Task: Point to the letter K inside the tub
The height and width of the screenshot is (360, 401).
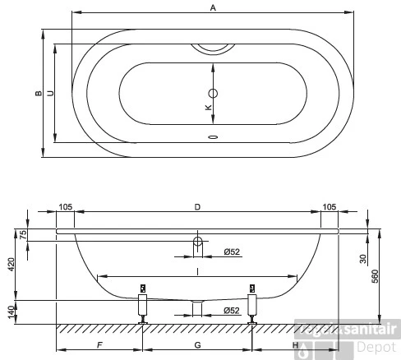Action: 208,108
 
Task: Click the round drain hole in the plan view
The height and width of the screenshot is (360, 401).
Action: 213,93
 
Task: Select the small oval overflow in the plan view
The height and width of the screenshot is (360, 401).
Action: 213,137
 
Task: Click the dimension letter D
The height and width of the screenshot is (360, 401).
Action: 197,208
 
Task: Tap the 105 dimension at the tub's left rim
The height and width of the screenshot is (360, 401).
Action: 66,208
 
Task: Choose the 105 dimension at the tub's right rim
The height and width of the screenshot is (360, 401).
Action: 329,208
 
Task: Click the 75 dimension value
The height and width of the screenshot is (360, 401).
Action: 23,233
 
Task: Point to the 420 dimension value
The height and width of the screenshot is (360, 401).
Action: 12,264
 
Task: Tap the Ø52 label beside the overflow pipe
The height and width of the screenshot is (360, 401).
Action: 231,252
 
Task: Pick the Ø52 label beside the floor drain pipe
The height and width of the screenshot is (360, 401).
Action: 231,310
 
